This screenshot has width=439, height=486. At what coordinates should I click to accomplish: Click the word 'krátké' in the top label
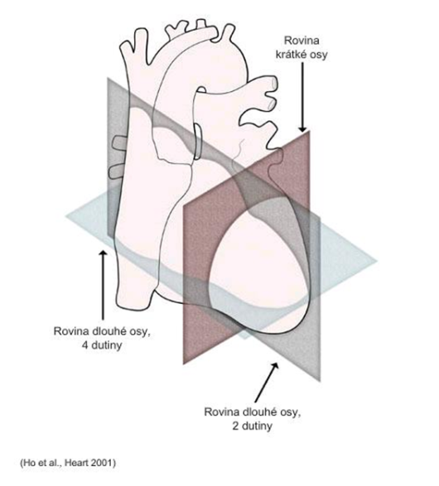pyautogui.click(x=290, y=55)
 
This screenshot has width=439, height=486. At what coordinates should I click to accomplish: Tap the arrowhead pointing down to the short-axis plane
pyautogui.click(x=302, y=129)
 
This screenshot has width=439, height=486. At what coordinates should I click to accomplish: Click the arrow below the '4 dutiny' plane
pyautogui.click(x=103, y=285)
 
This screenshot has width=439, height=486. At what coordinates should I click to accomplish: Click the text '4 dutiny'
pyautogui.click(x=102, y=345)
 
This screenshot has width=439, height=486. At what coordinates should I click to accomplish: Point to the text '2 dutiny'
pyautogui.click(x=252, y=426)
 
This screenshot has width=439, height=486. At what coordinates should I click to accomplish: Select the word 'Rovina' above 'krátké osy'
pyautogui.click(x=302, y=41)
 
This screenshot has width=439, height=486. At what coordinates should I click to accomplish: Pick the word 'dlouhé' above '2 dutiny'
pyautogui.click(x=258, y=412)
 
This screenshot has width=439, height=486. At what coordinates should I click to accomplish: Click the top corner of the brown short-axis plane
pyautogui.click(x=310, y=131)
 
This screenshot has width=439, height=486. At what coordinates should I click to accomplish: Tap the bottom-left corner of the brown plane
pyautogui.click(x=184, y=363)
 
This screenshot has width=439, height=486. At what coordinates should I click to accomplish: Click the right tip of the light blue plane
pyautogui.click(x=377, y=261)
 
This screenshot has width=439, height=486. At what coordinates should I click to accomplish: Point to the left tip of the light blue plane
pyautogui.click(x=65, y=216)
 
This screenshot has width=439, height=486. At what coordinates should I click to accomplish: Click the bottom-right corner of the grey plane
pyautogui.click(x=320, y=381)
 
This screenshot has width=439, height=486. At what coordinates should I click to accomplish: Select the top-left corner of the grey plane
pyautogui.click(x=108, y=78)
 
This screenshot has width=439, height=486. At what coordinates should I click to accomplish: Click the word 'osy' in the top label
pyautogui.click(x=317, y=55)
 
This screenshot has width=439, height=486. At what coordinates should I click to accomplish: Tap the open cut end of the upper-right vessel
pyautogui.click(x=274, y=83)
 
